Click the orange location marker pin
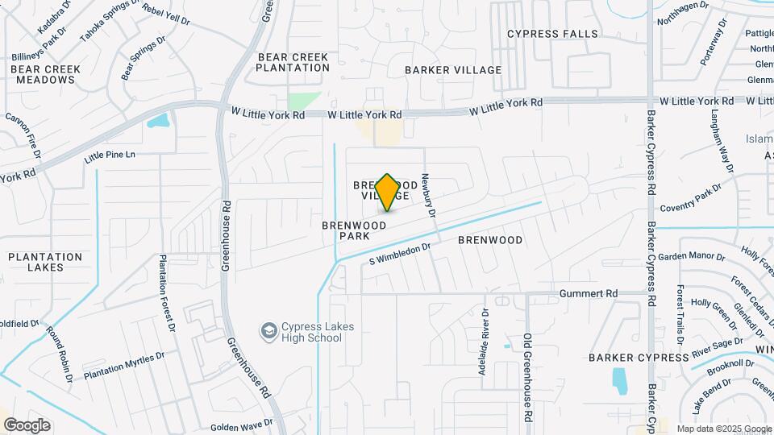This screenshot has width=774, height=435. coord(388,192)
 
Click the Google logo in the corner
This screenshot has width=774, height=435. coord(26,425)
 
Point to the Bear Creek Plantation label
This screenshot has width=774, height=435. coord(293,63)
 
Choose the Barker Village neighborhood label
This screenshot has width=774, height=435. coord(453,70)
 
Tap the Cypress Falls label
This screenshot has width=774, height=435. coord(552,34)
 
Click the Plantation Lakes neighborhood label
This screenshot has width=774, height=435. coord(46,262)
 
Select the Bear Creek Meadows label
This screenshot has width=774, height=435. coord(46,74)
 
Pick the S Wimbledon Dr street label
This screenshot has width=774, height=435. coord(401,255)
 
